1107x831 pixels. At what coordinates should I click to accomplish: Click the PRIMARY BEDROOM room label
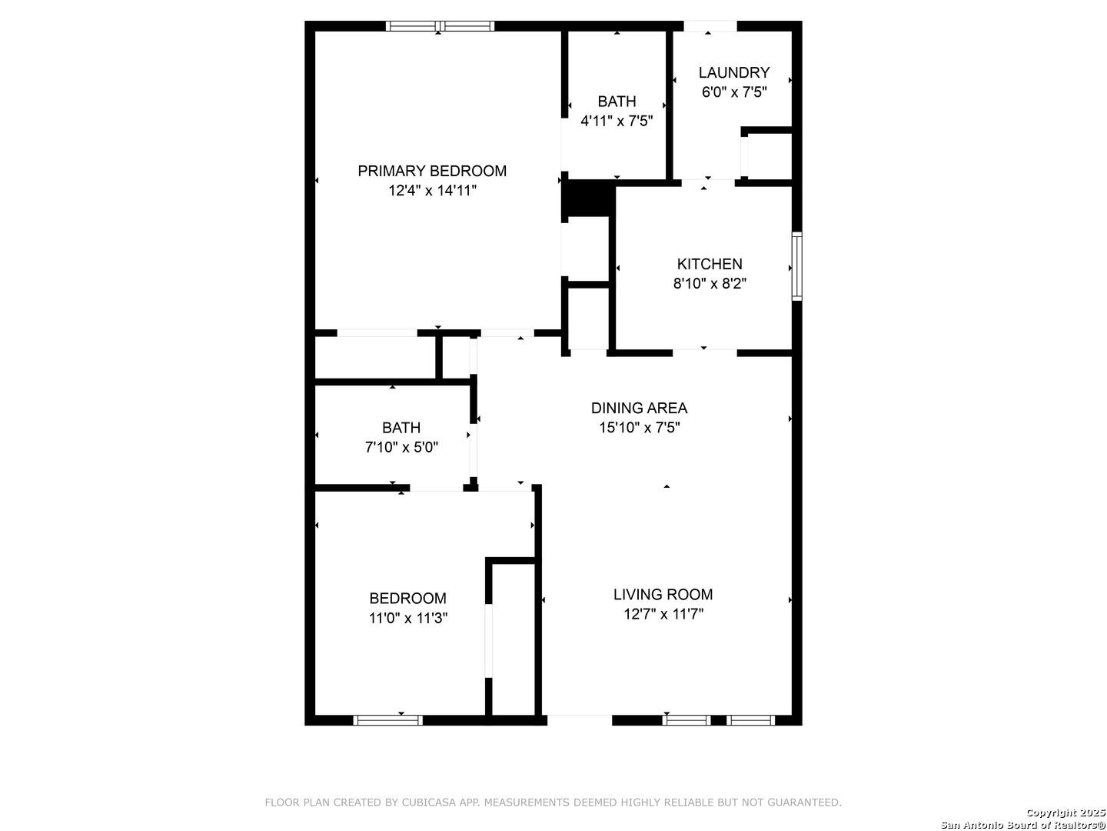click(432, 171)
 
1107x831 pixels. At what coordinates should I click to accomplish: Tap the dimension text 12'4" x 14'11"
click(432, 191)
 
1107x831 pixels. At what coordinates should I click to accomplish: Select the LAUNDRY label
click(733, 72)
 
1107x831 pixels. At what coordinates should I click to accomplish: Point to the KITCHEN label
click(709, 264)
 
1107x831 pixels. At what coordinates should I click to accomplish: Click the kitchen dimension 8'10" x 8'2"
click(709, 283)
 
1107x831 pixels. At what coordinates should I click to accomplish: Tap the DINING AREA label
click(639, 408)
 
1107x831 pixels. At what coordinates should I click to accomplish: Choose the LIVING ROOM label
click(663, 594)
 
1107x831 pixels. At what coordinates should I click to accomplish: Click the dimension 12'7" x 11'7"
click(663, 614)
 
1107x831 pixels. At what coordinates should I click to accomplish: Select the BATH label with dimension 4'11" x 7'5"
click(617, 102)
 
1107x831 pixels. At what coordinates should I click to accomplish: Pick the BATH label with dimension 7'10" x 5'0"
click(401, 428)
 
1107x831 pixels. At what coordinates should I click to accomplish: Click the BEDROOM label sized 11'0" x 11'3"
click(407, 598)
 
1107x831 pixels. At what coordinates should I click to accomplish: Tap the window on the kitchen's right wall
click(797, 266)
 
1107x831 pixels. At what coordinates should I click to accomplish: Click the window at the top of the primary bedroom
click(440, 26)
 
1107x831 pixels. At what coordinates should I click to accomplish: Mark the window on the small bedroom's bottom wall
click(387, 720)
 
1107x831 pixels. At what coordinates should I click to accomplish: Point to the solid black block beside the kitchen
click(589, 199)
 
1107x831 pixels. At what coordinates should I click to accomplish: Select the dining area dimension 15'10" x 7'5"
click(639, 428)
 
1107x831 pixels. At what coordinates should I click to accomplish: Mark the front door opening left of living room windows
click(580, 720)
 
